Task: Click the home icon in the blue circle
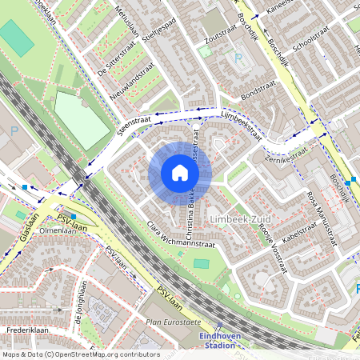[180, 174]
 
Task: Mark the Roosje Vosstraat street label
[272, 231]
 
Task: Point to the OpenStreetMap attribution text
[80, 354]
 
